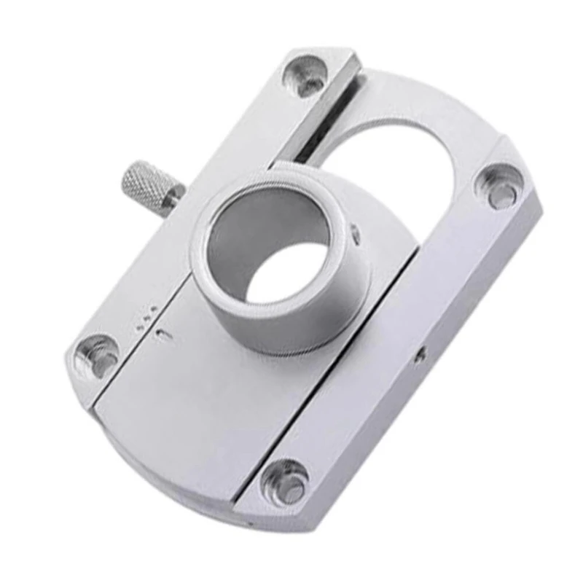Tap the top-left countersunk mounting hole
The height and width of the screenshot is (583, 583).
305,75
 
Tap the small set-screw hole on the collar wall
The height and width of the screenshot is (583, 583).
355,232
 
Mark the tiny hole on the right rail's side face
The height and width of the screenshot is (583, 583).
420,356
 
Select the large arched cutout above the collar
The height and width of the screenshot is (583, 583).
408,168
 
